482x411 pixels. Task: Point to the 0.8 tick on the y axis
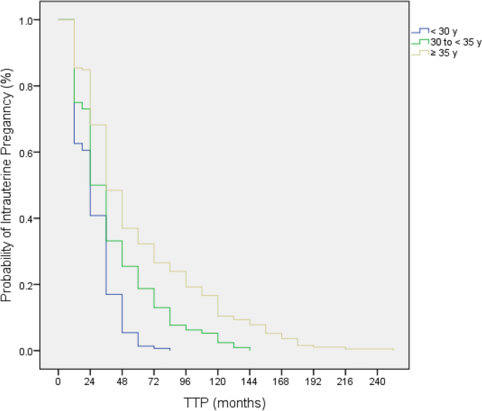pos(26,86)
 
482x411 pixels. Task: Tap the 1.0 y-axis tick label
pos(26,20)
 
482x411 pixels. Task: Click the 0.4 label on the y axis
pos(26,218)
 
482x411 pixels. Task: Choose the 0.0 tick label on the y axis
pos(26,350)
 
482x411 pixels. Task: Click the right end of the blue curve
pos(170,349)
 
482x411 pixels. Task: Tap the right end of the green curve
pos(250,349)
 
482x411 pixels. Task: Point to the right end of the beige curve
pos(393,350)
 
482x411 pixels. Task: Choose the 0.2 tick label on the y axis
pos(26,284)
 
